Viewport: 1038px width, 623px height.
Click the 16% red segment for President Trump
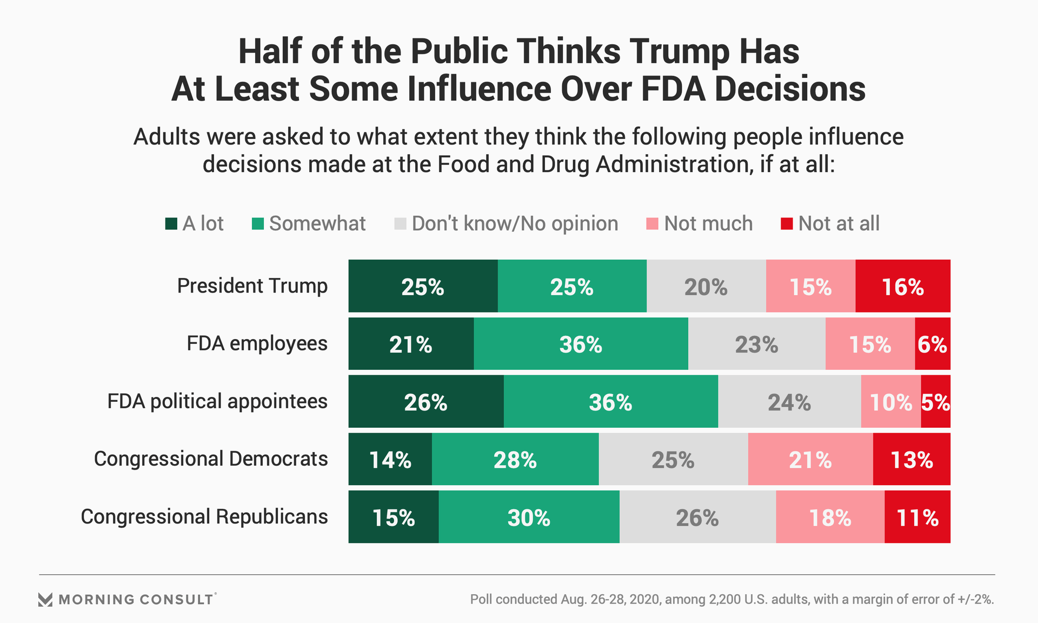902,286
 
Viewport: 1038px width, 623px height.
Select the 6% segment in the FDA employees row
932,344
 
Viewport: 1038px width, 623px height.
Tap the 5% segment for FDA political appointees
935,402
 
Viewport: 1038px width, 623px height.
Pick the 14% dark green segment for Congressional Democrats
390,459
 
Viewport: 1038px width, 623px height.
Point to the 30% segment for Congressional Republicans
529,517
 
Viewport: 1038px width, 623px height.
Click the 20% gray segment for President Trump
706,286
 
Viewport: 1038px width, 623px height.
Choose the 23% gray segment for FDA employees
756,344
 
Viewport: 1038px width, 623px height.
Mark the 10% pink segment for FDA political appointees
890,402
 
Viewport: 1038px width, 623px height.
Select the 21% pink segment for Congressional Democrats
810,459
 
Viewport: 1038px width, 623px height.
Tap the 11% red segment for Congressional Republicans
917,517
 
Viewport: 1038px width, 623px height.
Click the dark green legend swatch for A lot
171,224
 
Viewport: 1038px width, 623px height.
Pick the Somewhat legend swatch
258,224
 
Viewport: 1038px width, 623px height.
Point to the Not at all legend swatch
787,224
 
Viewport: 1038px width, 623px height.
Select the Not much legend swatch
653,224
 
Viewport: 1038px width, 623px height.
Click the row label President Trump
252,286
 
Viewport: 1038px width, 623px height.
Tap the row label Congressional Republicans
204,516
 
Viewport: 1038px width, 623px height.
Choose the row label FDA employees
257,343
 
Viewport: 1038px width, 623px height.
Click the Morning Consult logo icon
45,599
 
